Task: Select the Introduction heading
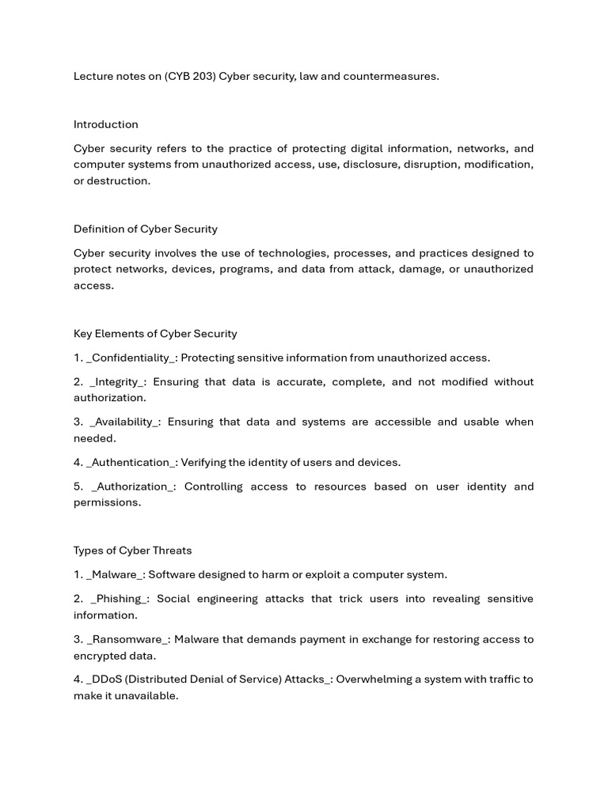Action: (x=105, y=124)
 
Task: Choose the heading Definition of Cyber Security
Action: (x=145, y=229)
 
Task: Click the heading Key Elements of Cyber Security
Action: (x=155, y=334)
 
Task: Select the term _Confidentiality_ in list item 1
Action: (x=131, y=358)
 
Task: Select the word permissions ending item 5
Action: (x=107, y=502)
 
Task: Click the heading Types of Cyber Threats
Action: (x=132, y=551)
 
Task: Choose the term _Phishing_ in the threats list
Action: (x=118, y=599)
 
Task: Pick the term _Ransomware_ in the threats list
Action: (x=127, y=639)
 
